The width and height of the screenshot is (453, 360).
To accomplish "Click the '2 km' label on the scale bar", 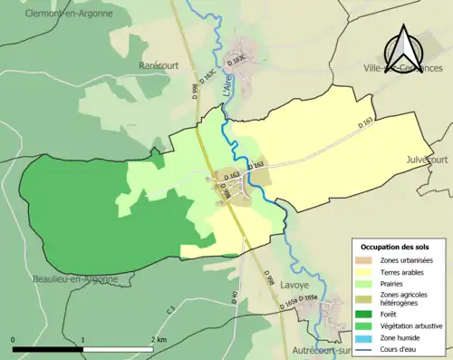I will [158, 339].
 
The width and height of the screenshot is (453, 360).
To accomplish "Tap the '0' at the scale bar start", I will [14, 339].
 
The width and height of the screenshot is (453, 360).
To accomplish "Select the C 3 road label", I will [169, 311].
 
